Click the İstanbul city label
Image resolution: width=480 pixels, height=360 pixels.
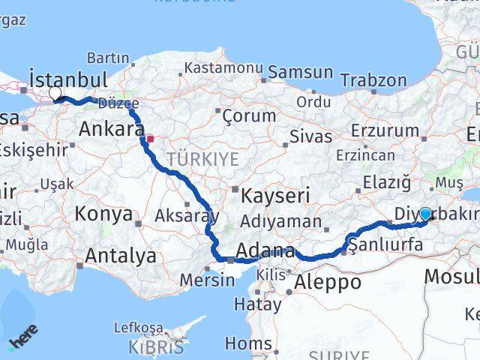tap(67, 79)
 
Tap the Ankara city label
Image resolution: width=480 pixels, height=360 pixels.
tap(111, 129)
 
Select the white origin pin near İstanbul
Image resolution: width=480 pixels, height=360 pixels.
tap(55, 94)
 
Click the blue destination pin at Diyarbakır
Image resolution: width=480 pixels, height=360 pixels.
tap(425, 214)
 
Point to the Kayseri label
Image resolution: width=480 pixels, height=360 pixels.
tap(275, 196)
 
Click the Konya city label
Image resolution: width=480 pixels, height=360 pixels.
tap(103, 214)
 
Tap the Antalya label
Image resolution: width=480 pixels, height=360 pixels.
tap(120, 256)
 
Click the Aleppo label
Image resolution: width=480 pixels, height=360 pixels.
tap(328, 282)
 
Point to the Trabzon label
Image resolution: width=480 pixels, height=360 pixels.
tap(369, 79)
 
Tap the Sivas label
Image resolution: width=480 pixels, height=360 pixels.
tap(310, 136)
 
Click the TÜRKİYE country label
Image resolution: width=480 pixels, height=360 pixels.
tap(202, 159)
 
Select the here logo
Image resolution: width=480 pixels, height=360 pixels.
tap(22, 335)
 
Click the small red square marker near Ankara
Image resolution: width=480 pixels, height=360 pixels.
tap(150, 138)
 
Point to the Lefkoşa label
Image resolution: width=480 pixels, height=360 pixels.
tap(138, 328)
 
